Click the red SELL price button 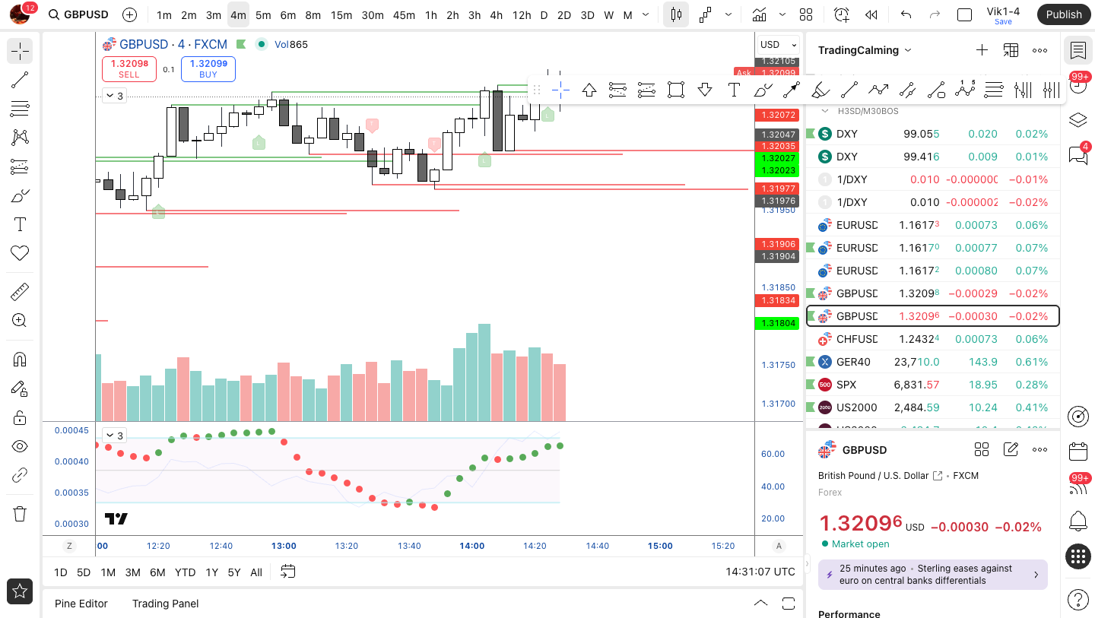(x=129, y=68)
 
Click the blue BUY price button (x=208, y=68)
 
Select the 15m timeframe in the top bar (x=341, y=15)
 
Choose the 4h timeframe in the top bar (x=496, y=15)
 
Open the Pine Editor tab (x=81, y=604)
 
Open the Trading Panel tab (x=165, y=604)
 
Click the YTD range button (x=185, y=572)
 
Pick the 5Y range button (x=234, y=572)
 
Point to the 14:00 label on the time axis (x=472, y=546)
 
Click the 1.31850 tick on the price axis (x=778, y=287)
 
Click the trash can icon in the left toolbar (x=20, y=514)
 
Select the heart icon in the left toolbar (x=20, y=253)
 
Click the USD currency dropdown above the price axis (x=778, y=45)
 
